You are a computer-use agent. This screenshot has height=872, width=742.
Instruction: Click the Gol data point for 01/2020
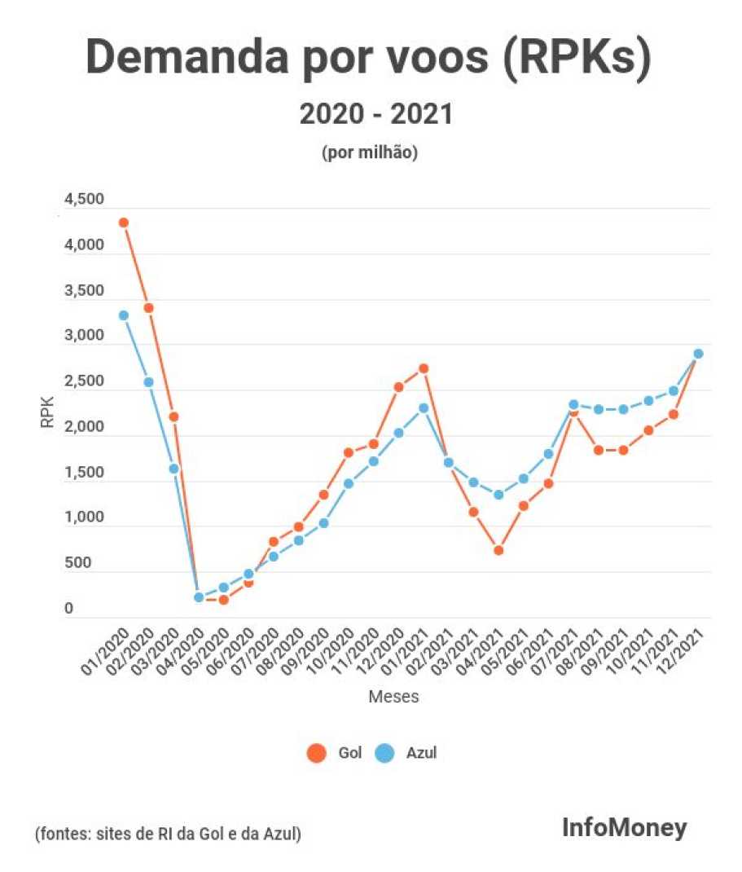pyautogui.click(x=124, y=222)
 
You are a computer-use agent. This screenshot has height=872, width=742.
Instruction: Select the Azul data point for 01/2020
pyautogui.click(x=124, y=315)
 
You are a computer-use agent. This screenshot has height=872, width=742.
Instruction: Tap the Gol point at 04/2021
pyautogui.click(x=498, y=550)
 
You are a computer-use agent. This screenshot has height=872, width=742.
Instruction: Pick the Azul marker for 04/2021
pyautogui.click(x=498, y=495)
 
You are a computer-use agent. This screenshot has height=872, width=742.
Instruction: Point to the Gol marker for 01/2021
pyautogui.click(x=424, y=368)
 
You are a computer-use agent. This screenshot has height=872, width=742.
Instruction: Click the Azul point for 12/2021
pyautogui.click(x=698, y=354)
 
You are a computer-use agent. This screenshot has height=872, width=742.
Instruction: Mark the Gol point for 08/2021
pyautogui.click(x=599, y=450)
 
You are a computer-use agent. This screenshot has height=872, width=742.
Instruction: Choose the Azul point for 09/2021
pyautogui.click(x=623, y=409)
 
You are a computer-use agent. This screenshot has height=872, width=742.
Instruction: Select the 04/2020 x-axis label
pyautogui.click(x=185, y=652)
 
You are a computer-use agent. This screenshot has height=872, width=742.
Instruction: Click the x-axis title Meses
pyautogui.click(x=393, y=697)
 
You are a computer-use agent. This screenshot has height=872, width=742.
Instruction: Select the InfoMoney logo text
pyautogui.click(x=624, y=829)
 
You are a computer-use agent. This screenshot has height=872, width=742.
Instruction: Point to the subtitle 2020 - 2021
pyautogui.click(x=375, y=114)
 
